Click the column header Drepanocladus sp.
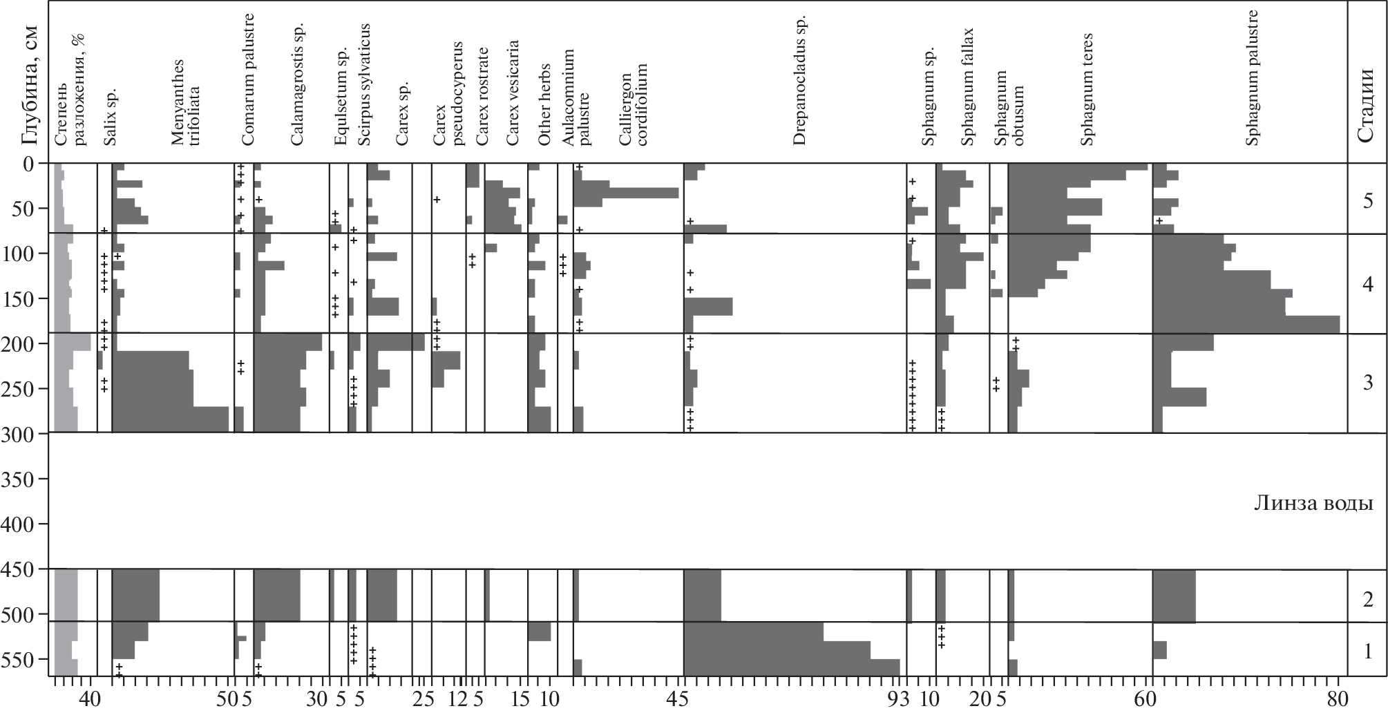(799, 80)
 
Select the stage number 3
(1367, 383)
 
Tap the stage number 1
(1367, 651)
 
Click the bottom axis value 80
(1338, 699)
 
